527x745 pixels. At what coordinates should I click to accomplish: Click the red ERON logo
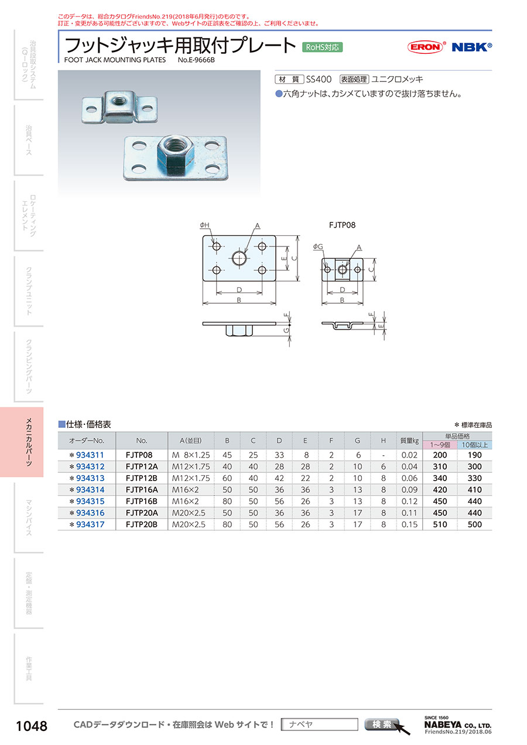pyautogui.click(x=426, y=47)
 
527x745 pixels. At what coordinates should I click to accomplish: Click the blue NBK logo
pyautogui.click(x=471, y=47)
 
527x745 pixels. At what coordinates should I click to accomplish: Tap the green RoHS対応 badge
pyautogui.click(x=322, y=47)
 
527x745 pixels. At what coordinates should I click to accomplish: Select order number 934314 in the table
pyautogui.click(x=90, y=490)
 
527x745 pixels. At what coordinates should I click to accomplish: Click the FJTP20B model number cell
pyautogui.click(x=141, y=524)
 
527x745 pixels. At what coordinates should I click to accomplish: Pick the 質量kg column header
pyautogui.click(x=409, y=441)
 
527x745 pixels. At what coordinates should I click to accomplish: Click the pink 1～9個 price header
pyautogui.click(x=440, y=445)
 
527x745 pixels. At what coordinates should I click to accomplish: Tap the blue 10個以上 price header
pyautogui.click(x=474, y=445)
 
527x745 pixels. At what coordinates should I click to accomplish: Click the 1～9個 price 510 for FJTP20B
pyautogui.click(x=440, y=524)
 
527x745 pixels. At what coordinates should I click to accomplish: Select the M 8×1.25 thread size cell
pyautogui.click(x=191, y=455)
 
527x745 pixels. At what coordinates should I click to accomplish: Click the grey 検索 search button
pyautogui.click(x=382, y=724)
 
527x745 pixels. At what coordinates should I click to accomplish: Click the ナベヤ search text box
pyautogui.click(x=319, y=725)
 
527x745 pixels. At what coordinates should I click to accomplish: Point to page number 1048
pyautogui.click(x=32, y=726)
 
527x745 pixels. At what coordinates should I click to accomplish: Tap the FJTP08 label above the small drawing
pyautogui.click(x=342, y=225)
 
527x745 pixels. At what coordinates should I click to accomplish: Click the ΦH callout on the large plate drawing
pyautogui.click(x=204, y=225)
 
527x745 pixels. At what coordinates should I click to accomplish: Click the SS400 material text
pyautogui.click(x=319, y=80)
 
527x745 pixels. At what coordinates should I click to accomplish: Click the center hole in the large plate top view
pyautogui.click(x=239, y=258)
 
